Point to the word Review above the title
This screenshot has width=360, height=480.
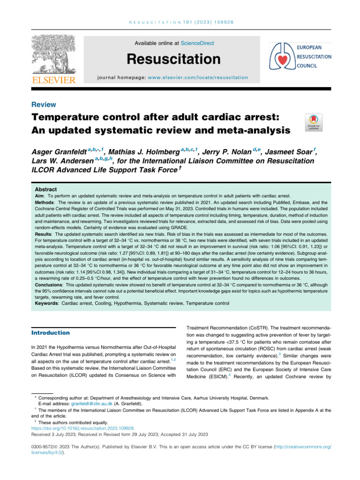tap(44, 105)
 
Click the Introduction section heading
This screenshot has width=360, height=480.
tap(51, 333)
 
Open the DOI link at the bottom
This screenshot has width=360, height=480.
tap(83, 428)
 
